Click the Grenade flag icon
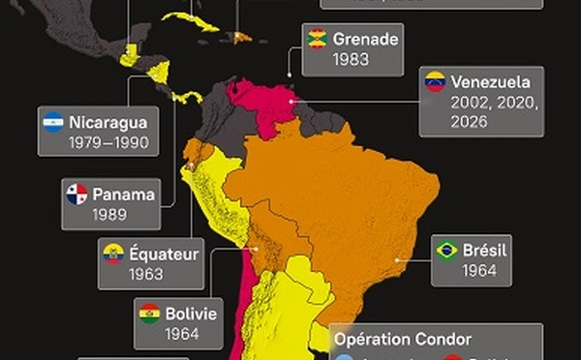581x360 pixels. click(x=316, y=39)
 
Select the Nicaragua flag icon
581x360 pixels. click(x=54, y=123)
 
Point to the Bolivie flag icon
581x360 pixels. click(x=149, y=314)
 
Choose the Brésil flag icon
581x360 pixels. click(x=446, y=250)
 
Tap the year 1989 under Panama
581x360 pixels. click(x=110, y=214)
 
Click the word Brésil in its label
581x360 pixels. click(x=486, y=250)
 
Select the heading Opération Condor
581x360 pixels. click(x=403, y=339)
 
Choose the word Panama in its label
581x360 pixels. click(x=125, y=194)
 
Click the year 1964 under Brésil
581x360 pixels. click(x=480, y=271)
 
